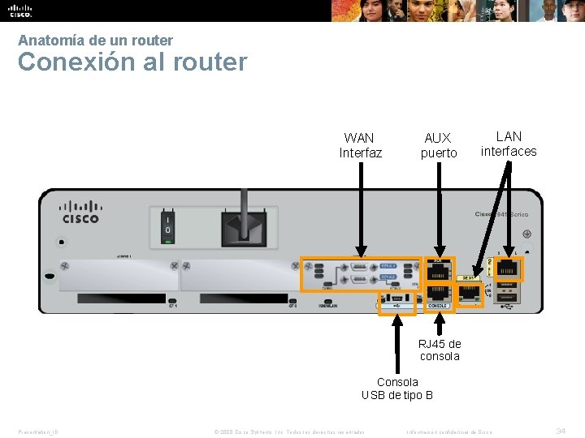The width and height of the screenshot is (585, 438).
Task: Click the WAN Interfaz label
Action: (x=360, y=145)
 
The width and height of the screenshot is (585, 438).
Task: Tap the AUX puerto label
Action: (x=438, y=145)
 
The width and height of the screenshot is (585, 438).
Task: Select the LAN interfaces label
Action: (x=509, y=144)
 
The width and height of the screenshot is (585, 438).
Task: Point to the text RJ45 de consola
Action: (x=440, y=350)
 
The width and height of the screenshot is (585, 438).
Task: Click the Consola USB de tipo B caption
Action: (x=397, y=389)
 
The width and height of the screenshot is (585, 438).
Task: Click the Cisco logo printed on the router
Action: (x=80, y=213)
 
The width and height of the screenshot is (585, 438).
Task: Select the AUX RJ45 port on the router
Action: (x=439, y=271)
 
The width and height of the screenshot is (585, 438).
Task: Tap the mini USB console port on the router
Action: (x=397, y=302)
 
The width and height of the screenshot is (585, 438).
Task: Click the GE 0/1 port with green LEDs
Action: (x=470, y=295)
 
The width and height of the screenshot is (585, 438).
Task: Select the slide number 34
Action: (x=561, y=431)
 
